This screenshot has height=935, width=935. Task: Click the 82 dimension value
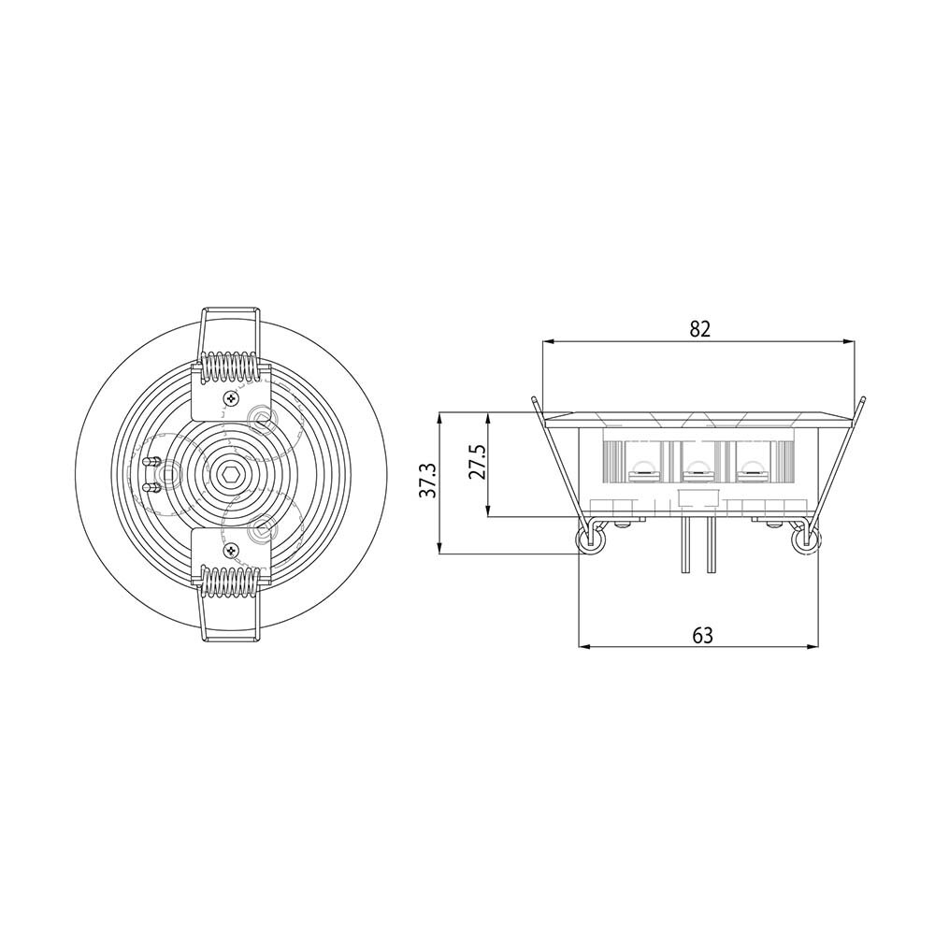tap(700, 328)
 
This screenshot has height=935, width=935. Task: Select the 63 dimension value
tap(702, 635)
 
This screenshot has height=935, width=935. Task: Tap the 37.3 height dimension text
tap(427, 481)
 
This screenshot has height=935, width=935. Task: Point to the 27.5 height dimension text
tap(477, 463)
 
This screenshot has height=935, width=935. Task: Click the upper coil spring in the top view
tap(229, 367)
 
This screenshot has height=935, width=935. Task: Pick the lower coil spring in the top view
tap(228, 582)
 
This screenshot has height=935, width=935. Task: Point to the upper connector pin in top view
tap(149, 461)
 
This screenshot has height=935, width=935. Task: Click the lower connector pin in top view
tap(149, 486)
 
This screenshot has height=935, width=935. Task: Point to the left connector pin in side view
tap(686, 546)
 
